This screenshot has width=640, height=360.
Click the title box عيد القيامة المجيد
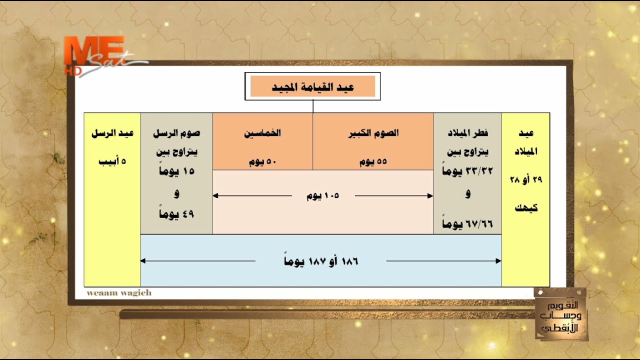click(x=312, y=87)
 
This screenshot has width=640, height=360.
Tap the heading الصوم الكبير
click(x=373, y=133)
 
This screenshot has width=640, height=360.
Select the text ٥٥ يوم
click(x=373, y=162)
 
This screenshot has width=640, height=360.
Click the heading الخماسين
click(x=262, y=133)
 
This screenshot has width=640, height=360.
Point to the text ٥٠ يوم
click(x=262, y=162)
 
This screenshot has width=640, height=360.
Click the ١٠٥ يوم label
click(x=323, y=196)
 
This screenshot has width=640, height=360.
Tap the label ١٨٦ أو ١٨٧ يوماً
click(x=320, y=261)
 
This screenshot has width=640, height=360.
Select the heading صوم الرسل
click(x=176, y=133)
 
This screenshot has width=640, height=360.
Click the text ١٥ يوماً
click(x=176, y=170)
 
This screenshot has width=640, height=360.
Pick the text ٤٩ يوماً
click(x=176, y=214)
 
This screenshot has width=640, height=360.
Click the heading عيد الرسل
click(x=112, y=133)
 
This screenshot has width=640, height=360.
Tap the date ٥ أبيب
click(x=112, y=161)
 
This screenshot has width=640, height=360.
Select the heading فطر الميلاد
click(x=467, y=133)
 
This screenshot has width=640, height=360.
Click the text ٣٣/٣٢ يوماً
click(x=467, y=170)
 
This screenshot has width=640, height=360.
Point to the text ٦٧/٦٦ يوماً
click(x=467, y=224)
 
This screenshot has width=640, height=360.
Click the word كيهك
click(x=526, y=208)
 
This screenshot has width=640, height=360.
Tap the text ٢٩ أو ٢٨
click(x=526, y=179)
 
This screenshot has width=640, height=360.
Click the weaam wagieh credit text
click(x=119, y=293)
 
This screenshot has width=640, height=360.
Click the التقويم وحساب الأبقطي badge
click(x=560, y=314)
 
